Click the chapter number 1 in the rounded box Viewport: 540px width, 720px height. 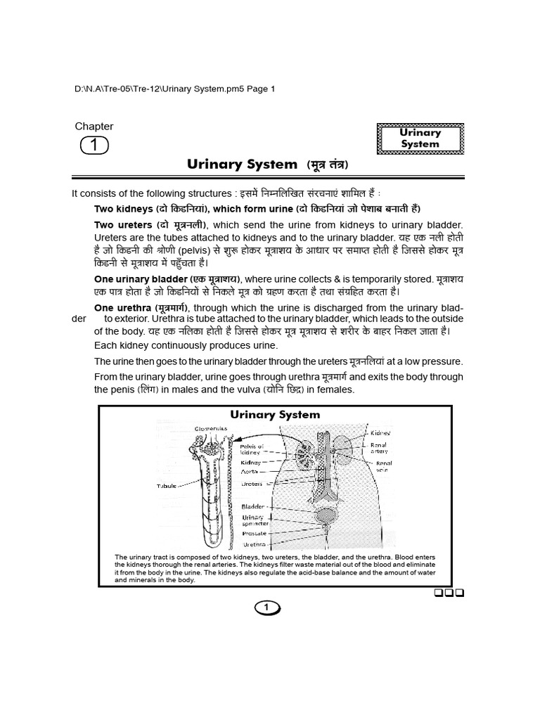(x=94, y=146)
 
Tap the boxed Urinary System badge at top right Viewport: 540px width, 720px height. (x=420, y=139)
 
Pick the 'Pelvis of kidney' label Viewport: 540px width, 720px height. (x=252, y=450)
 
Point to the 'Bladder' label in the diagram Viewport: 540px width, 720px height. (x=252, y=506)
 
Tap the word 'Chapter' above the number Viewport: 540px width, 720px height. (x=94, y=127)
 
